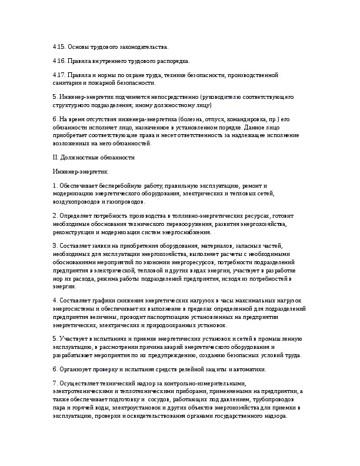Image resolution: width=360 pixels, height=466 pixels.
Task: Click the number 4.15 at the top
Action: pyautogui.click(x=59, y=46)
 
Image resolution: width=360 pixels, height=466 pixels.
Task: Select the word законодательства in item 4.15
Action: pyautogui.click(x=144, y=46)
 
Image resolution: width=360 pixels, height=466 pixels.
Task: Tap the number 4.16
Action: pyautogui.click(x=59, y=61)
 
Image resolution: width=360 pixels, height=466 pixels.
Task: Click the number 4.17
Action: pyautogui.click(x=59, y=76)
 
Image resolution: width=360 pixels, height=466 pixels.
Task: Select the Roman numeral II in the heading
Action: pyautogui.click(x=55, y=158)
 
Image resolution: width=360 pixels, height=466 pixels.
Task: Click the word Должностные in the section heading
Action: pyautogui.click(x=78, y=158)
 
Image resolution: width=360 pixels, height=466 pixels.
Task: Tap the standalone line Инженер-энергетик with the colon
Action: pyautogui.click(x=76, y=172)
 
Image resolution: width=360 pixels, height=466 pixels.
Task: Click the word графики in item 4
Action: pyautogui.click(x=101, y=301)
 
